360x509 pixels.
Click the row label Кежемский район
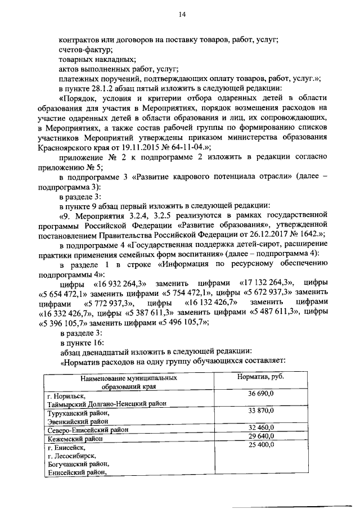click(75, 438)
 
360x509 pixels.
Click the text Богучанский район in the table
click(78, 464)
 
